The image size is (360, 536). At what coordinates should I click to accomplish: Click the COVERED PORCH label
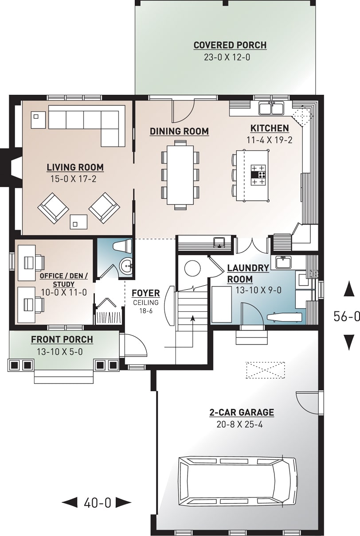click(x=230, y=45)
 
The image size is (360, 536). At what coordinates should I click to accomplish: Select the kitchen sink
click(x=271, y=108)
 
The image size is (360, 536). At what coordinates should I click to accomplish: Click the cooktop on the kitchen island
click(x=258, y=175)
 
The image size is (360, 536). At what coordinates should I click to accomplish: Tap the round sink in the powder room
click(x=126, y=266)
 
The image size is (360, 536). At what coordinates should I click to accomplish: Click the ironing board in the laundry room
click(x=286, y=317)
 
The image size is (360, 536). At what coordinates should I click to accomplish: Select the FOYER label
click(x=145, y=293)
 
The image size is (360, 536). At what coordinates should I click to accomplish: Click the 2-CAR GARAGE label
click(x=242, y=412)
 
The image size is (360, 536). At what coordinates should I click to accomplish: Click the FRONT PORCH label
click(x=62, y=339)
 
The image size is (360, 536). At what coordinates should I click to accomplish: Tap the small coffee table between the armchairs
click(x=79, y=221)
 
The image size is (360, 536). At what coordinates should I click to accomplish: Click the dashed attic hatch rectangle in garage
click(x=265, y=370)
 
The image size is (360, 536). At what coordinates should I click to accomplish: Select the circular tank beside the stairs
click(x=193, y=268)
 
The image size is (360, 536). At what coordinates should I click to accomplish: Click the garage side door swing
click(x=307, y=401)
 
